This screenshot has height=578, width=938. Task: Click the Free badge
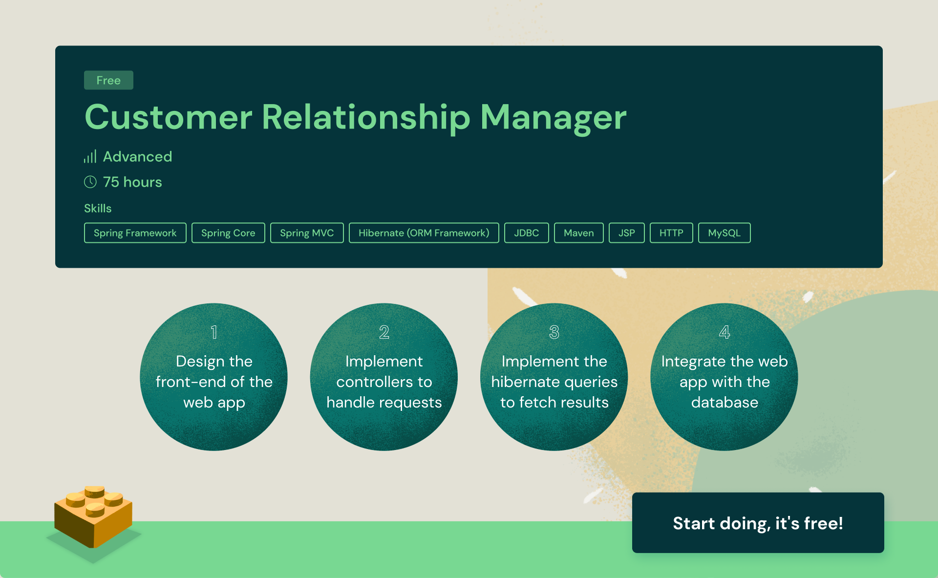(x=108, y=80)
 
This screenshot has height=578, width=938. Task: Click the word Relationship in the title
(x=366, y=118)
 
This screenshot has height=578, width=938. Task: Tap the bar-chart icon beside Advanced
(x=90, y=156)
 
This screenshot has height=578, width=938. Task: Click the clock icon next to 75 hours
(x=90, y=182)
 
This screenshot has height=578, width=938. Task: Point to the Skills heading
(x=98, y=208)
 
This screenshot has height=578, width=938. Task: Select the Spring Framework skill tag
(x=135, y=233)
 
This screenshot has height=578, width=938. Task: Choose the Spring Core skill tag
(x=228, y=233)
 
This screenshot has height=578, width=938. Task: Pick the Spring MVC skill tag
(x=307, y=233)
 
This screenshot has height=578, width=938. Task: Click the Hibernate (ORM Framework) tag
(x=424, y=233)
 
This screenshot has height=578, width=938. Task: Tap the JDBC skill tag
(x=527, y=233)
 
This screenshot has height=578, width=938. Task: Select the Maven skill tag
(x=579, y=233)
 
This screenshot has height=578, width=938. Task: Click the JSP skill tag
(x=627, y=233)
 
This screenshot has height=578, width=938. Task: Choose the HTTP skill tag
(x=671, y=233)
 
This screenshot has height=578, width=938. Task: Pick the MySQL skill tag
(x=725, y=233)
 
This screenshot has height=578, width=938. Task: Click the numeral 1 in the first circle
(x=214, y=332)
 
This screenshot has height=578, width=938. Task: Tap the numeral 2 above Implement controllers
(x=384, y=332)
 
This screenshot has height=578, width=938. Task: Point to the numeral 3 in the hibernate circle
(x=554, y=332)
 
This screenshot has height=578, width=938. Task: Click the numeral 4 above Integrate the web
(x=725, y=332)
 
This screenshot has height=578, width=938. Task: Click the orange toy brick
(x=93, y=517)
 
